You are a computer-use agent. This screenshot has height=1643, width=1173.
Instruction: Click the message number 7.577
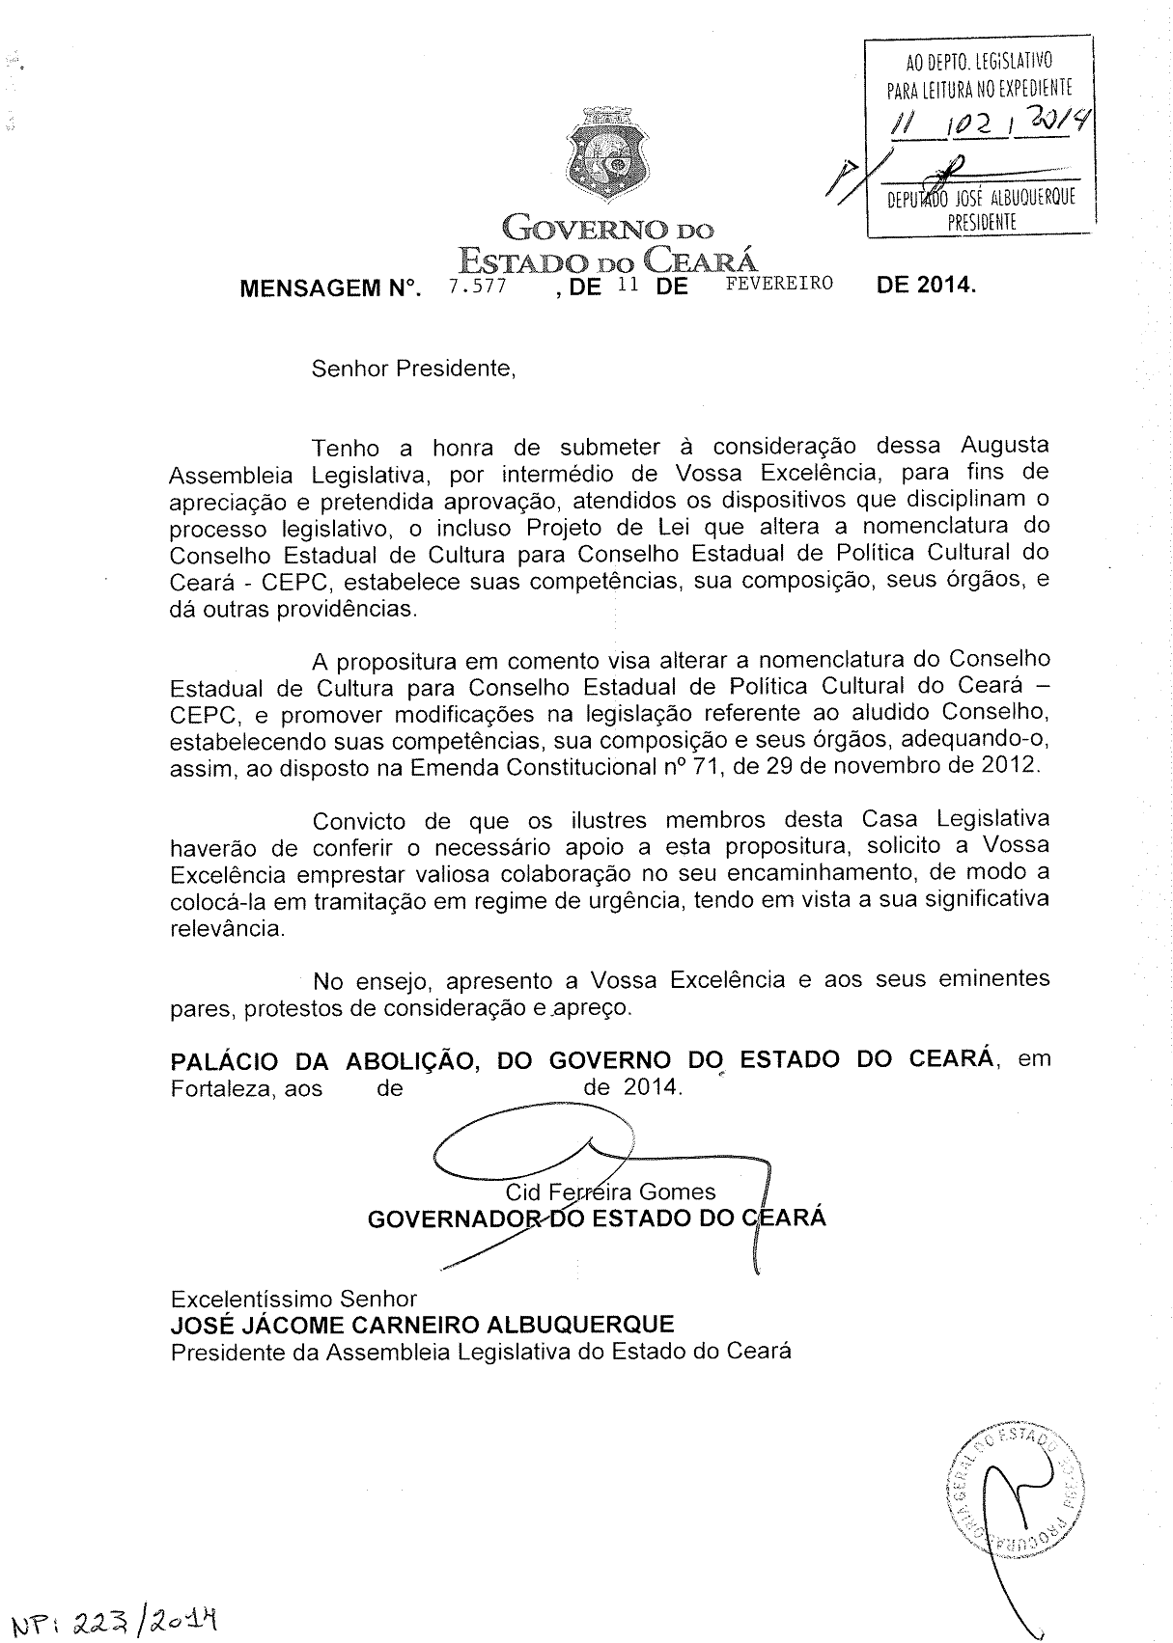pos(478,286)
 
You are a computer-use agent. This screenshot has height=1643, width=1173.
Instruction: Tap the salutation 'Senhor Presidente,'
pos(413,369)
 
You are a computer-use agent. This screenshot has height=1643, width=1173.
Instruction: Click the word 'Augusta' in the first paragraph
pos(1004,447)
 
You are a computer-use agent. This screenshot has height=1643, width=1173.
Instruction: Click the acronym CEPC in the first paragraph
pos(265,583)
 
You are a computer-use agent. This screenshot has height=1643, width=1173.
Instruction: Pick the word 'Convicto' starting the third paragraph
pos(359,821)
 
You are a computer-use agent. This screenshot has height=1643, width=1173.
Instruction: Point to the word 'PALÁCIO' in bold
pos(224,1060)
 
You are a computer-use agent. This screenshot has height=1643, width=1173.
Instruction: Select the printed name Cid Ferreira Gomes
pos(612,1191)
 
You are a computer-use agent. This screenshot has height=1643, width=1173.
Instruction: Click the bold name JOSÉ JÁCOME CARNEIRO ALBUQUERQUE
pos(422,1325)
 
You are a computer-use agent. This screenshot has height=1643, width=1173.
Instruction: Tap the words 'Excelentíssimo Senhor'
pos(293,1299)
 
